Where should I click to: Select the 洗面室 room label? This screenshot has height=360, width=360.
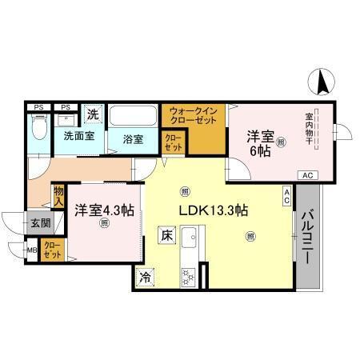click(79, 136)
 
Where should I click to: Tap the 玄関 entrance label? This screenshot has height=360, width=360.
click(39, 223)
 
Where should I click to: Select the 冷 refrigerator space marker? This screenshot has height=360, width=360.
click(146, 278)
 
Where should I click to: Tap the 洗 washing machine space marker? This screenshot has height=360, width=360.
click(94, 114)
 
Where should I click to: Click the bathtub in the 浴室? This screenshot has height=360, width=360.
click(134, 117)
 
